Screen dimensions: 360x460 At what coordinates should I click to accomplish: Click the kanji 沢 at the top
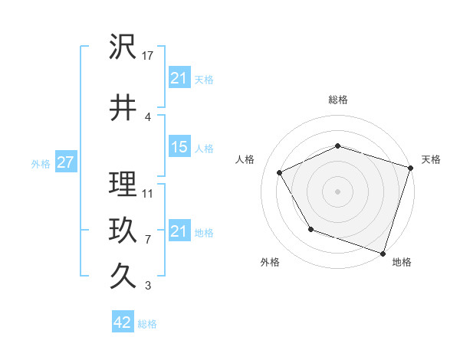click(x=123, y=47)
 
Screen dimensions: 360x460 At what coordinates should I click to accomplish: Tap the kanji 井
click(x=123, y=109)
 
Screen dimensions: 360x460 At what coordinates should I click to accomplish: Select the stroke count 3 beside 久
click(x=148, y=286)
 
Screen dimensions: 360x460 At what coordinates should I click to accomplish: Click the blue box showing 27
click(x=65, y=163)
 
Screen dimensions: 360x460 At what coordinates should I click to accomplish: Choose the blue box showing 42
click(x=123, y=323)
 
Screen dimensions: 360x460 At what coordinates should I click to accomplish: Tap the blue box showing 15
click(x=179, y=148)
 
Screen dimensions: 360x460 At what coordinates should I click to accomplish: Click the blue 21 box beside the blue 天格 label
click(x=179, y=78)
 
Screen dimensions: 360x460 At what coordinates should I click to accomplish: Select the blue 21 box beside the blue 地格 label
click(x=179, y=231)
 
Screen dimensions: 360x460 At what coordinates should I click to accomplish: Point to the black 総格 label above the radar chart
click(x=338, y=100)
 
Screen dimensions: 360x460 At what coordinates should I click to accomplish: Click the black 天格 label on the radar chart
click(x=432, y=159)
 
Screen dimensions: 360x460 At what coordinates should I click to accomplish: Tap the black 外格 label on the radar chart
click(x=270, y=262)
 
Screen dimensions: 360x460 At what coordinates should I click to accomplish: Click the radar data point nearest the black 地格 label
click(x=383, y=252)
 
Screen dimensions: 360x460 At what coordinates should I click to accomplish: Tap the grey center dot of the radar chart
click(x=338, y=191)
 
